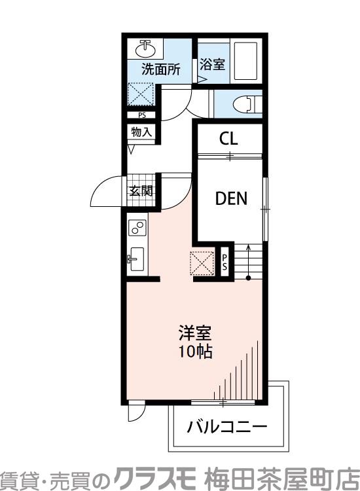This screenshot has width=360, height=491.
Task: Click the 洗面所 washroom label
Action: (x=161, y=69)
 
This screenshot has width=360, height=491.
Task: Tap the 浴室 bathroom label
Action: (x=212, y=64)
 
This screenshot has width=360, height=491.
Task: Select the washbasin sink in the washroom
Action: (x=146, y=49)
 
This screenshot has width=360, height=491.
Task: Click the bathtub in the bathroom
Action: (x=245, y=61)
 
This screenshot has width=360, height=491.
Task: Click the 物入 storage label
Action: (x=141, y=132)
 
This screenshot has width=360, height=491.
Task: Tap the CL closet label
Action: (x=228, y=138)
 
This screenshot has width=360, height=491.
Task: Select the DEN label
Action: (x=231, y=198)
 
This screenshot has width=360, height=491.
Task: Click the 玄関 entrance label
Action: (x=141, y=191)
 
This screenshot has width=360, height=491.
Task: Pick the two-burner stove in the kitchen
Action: (x=137, y=228)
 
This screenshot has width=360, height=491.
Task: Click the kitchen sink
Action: (x=136, y=259)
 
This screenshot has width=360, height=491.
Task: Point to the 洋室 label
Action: (x=194, y=333)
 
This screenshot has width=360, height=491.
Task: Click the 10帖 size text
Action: (x=195, y=352)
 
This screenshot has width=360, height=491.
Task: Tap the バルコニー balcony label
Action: (x=227, y=427)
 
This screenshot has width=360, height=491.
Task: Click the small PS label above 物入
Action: (x=142, y=115)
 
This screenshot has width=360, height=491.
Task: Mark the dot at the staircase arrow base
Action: (x=248, y=278)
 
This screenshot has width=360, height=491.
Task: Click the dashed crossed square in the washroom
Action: (x=141, y=94)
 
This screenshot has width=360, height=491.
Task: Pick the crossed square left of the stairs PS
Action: (x=202, y=263)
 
